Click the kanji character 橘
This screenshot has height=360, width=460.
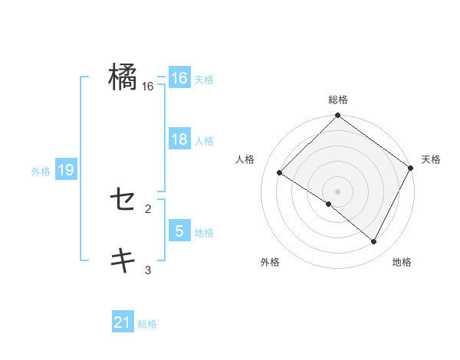click(123, 77)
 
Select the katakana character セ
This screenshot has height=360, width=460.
click(123, 201)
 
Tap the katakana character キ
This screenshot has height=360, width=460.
click(123, 260)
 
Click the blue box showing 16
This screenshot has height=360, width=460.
click(179, 78)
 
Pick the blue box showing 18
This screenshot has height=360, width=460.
click(179, 140)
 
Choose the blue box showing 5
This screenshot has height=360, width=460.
click(179, 231)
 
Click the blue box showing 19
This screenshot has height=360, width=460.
click(66, 171)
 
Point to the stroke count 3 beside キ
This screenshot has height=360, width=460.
click(148, 269)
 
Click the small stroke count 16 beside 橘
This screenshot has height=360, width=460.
click(148, 87)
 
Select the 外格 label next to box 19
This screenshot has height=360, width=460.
click(41, 172)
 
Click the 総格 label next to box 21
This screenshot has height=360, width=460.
click(147, 324)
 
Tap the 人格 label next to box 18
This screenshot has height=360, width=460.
click(204, 141)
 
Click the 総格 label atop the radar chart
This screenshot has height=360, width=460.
click(337, 100)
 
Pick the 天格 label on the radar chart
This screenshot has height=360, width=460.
click(431, 159)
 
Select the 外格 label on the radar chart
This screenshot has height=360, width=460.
click(270, 262)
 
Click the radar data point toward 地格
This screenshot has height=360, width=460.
click(374, 242)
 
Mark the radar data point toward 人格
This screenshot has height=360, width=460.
click(280, 172)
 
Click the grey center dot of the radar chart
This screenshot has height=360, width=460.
click(337, 191)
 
